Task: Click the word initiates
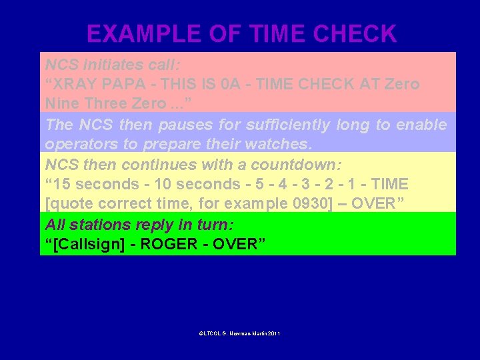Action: pos(110,65)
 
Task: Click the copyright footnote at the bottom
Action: pos(239,333)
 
